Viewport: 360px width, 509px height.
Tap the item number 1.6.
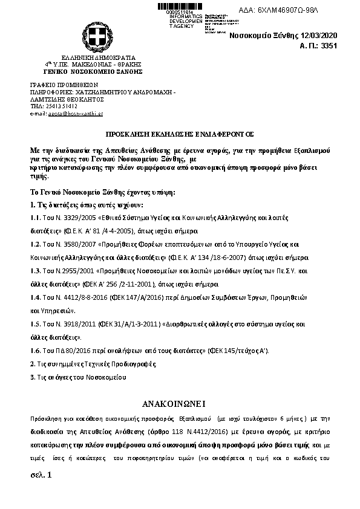(x=35, y=351)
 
